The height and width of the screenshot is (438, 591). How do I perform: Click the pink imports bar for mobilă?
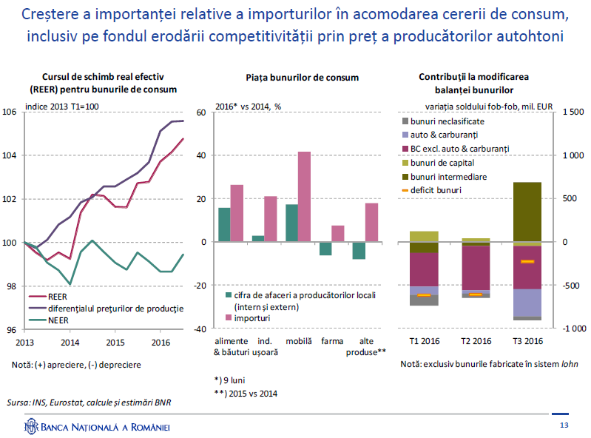(x=304, y=196)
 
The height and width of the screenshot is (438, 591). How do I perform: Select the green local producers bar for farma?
(x=325, y=249)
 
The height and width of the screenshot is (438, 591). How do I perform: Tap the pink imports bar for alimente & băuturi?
(x=237, y=213)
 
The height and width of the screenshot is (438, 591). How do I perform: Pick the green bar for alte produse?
(x=359, y=250)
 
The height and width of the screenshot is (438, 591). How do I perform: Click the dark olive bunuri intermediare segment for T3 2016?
(x=527, y=212)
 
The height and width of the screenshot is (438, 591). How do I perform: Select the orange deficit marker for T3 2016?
(x=527, y=261)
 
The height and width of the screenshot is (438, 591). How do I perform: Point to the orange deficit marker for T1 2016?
(x=424, y=294)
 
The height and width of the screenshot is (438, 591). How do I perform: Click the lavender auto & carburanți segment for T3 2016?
(x=527, y=303)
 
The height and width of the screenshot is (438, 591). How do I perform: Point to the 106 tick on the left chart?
(x=10, y=112)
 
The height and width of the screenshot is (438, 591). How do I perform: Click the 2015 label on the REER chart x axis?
(x=115, y=343)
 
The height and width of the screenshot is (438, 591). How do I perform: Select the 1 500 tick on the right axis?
(x=573, y=112)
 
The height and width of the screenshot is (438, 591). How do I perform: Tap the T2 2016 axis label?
(x=476, y=341)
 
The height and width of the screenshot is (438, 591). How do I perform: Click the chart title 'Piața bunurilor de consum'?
(x=303, y=78)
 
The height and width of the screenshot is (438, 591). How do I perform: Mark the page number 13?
(x=564, y=425)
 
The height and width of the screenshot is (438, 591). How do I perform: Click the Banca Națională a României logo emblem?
(x=31, y=426)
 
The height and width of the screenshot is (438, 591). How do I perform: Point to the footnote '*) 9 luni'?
(x=229, y=380)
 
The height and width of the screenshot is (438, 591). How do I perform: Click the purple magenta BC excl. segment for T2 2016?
(x=476, y=268)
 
